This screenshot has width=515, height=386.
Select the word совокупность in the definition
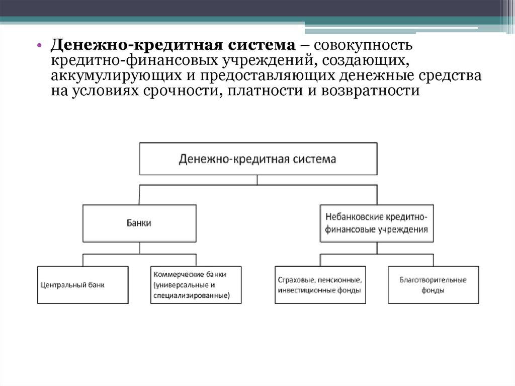pos(363,45)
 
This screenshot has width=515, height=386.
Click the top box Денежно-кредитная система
pos(257,159)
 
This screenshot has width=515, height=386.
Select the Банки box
pos(139,222)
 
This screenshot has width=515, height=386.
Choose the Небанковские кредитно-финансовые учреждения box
pos(376,222)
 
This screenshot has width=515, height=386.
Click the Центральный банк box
pos(83,285)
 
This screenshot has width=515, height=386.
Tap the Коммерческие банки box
pos(196,285)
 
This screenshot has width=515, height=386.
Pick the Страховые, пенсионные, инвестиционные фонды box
pos(320,285)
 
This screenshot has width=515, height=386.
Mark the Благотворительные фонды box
pos(434,285)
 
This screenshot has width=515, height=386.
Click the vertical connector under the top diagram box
pos(257,180)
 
